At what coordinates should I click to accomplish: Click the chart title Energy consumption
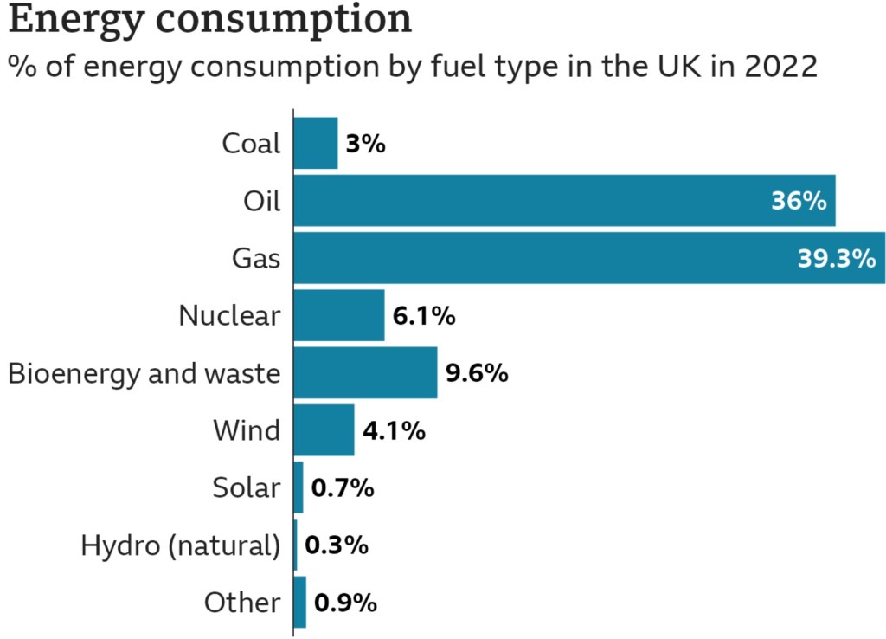click(209, 21)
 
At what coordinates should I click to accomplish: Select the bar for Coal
click(316, 143)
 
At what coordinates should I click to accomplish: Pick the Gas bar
click(589, 257)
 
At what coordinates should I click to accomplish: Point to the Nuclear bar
click(339, 315)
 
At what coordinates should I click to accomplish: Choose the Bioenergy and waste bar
click(366, 372)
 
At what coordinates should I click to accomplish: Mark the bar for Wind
click(324, 429)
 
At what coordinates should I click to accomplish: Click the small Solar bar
click(299, 487)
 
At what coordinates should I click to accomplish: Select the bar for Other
click(300, 602)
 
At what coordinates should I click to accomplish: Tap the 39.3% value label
click(836, 258)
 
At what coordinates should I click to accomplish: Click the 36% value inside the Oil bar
click(799, 201)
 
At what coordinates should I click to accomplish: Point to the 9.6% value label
click(476, 373)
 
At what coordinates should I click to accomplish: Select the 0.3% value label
click(337, 545)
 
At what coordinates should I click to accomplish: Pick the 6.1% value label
click(423, 316)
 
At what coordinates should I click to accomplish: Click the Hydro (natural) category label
click(181, 545)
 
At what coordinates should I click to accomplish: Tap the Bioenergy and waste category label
click(144, 373)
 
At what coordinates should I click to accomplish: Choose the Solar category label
click(247, 487)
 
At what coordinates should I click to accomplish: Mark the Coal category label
click(252, 143)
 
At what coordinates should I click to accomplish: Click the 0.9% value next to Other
click(344, 603)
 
